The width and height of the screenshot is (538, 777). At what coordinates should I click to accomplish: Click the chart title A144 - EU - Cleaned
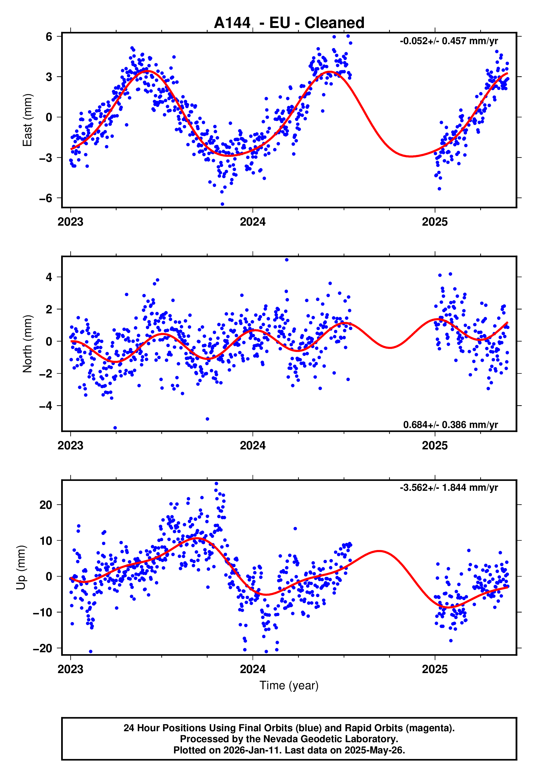click(289, 23)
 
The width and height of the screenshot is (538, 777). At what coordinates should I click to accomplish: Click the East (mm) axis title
click(27, 120)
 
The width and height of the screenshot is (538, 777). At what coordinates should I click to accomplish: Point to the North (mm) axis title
click(27, 344)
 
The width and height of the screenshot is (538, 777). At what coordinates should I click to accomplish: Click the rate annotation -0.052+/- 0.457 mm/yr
click(449, 41)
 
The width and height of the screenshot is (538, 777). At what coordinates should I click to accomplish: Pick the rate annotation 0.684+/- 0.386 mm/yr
click(450, 424)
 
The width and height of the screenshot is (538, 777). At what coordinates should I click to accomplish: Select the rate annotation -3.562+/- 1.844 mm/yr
click(449, 487)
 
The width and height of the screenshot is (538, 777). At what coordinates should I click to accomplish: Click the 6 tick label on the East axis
click(49, 36)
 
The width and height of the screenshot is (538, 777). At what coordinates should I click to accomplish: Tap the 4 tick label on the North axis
click(49, 277)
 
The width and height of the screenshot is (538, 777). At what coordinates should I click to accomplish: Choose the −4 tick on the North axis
click(46, 406)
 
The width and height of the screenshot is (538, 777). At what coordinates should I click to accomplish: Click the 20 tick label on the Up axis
click(46, 505)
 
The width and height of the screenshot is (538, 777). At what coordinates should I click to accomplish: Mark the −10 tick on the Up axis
click(43, 612)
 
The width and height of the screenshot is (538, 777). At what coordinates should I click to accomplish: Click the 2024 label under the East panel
click(253, 222)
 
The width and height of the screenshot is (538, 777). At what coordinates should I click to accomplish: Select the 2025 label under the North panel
click(435, 446)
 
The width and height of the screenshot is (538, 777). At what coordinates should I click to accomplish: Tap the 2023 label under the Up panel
click(70, 669)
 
